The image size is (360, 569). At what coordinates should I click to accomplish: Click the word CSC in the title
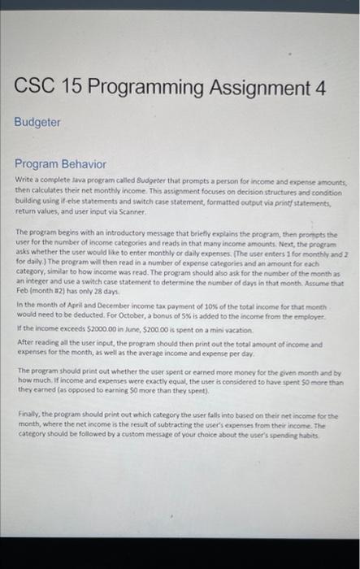click(x=39, y=87)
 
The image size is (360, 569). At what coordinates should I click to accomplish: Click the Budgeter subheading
click(x=37, y=122)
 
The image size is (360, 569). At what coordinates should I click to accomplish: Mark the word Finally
click(x=29, y=415)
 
